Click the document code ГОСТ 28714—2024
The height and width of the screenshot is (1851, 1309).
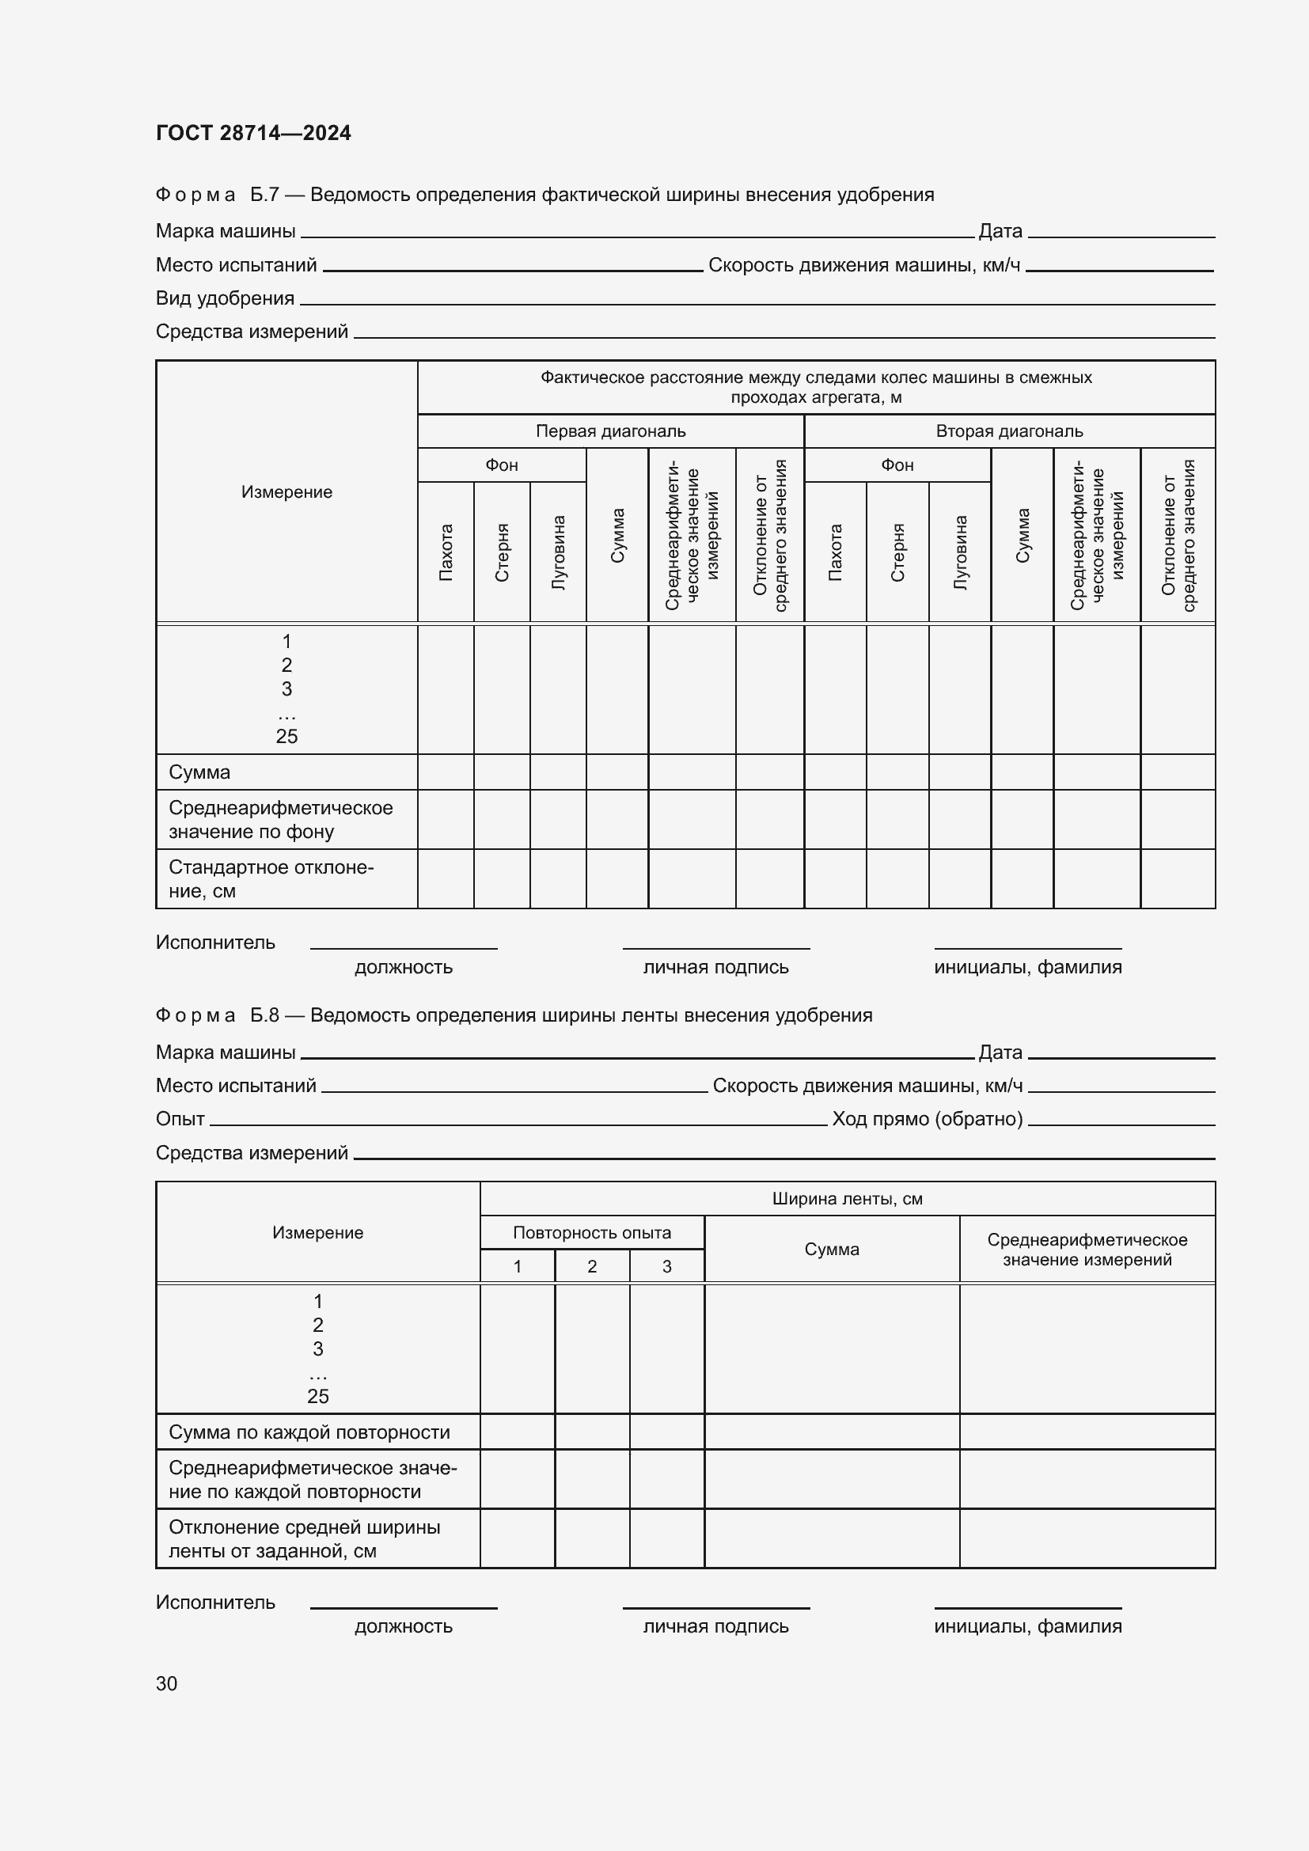[253, 133]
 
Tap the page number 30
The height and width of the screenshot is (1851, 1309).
[167, 1683]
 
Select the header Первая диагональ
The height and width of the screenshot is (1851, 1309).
[610, 431]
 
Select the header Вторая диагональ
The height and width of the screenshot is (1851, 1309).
[1009, 431]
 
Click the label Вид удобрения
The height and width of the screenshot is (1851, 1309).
[225, 298]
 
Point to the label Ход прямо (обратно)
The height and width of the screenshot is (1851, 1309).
[927, 1119]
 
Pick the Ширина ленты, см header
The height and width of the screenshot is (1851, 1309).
[847, 1199]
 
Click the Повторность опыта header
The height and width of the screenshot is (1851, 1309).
[592, 1233]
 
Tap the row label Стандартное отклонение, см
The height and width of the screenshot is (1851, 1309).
[271, 878]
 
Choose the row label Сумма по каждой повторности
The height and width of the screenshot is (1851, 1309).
[309, 1432]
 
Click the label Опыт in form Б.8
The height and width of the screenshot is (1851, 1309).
[180, 1119]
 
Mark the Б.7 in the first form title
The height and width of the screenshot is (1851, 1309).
[264, 195]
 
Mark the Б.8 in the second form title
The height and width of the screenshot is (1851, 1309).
[264, 1015]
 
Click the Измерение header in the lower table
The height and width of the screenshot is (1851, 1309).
[317, 1233]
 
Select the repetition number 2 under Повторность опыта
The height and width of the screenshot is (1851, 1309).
[592, 1266]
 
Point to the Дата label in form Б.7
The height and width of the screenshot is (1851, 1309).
[1000, 231]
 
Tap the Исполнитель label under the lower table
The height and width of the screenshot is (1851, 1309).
[215, 1602]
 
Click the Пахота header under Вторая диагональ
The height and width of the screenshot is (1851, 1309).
[835, 552]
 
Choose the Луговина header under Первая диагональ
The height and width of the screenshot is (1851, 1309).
[558, 552]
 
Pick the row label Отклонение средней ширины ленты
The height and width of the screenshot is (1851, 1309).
[304, 1539]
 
